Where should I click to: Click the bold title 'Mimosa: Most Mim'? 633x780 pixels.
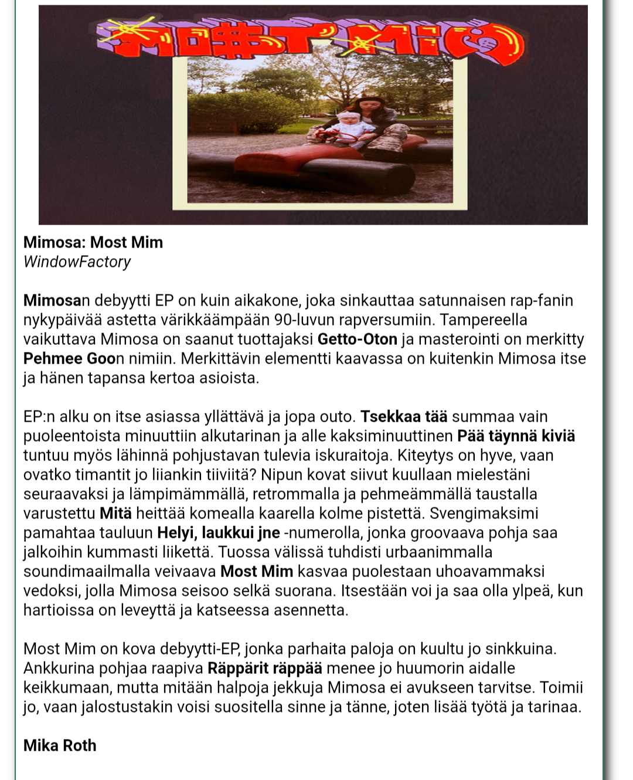93,242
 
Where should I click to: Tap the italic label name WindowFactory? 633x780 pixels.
77,262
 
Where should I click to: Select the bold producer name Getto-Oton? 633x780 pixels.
358,339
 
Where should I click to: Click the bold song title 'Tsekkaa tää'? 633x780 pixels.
404,416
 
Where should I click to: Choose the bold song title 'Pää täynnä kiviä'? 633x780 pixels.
516,436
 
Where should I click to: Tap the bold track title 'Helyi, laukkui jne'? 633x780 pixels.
219,533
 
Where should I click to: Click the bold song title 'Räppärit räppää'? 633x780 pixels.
265,668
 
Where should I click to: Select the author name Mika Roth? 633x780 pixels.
60,745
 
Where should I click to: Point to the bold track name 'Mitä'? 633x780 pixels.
115,513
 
